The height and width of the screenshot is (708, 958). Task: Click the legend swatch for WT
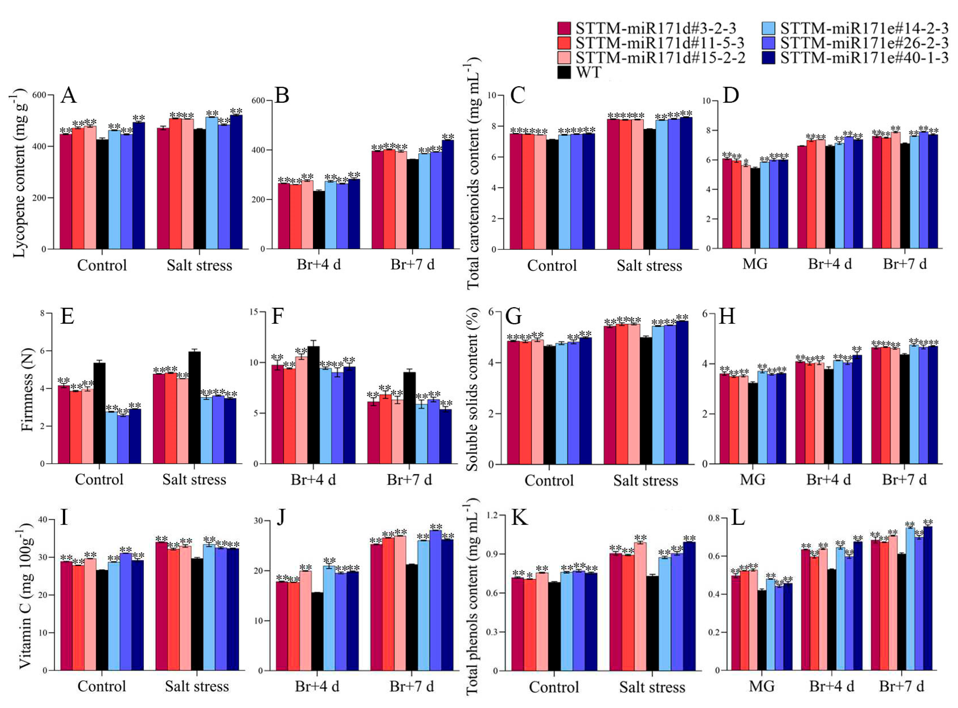pos(564,72)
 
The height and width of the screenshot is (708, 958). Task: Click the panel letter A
pos(69,95)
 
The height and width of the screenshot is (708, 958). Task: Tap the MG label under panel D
pos(755,264)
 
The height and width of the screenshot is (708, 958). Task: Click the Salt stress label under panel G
pos(645,480)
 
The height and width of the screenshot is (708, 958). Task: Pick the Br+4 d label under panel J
pos(317,686)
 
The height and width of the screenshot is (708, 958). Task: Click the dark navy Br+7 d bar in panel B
pos(448,194)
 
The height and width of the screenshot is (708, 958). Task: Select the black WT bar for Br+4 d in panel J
pos(317,631)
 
